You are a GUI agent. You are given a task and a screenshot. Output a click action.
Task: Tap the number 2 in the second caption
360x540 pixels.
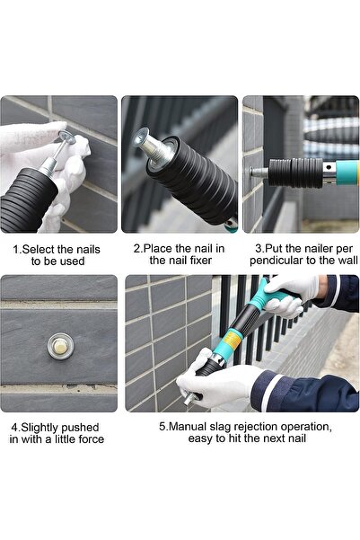tap(136, 248)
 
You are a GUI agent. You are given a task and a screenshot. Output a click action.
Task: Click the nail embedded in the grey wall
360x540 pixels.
tap(60, 343)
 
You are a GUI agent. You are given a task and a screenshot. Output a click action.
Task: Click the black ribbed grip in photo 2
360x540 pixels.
tap(193, 180)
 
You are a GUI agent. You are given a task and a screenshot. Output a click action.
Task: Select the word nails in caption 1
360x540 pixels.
tap(92, 248)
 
